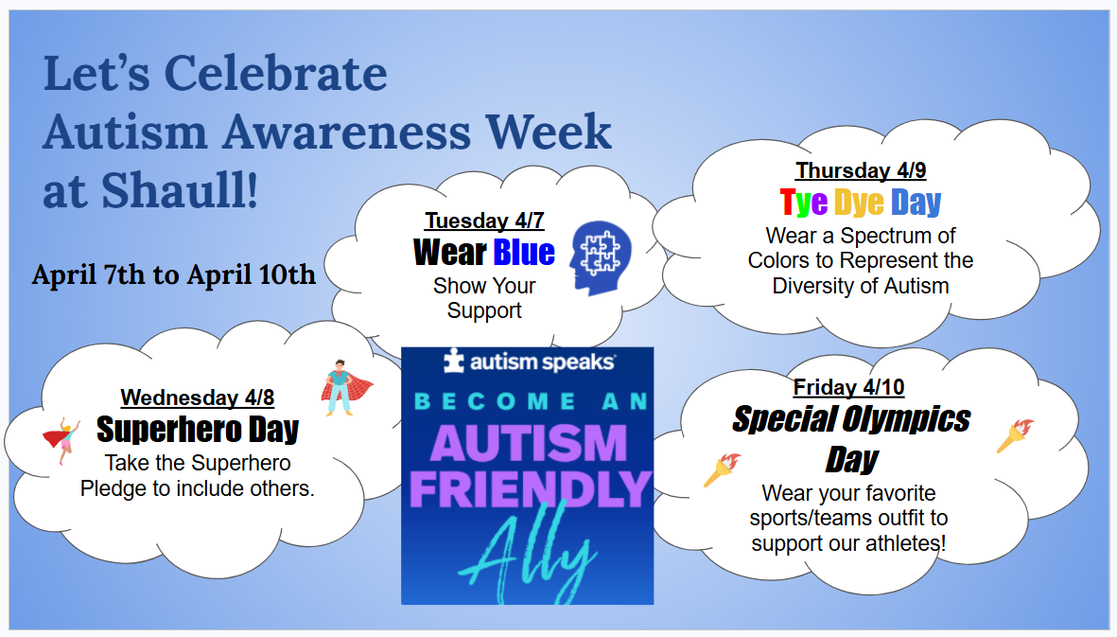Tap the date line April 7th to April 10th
174,274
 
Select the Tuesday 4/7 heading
484,221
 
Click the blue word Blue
524,252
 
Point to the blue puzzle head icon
600,258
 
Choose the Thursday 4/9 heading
861,170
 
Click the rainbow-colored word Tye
804,203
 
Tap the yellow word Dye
859,203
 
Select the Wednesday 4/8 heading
198,397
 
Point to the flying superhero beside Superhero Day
61,439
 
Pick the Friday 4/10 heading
848,387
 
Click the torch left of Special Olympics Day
722,469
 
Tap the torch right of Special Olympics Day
1015,435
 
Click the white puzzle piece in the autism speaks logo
453,362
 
